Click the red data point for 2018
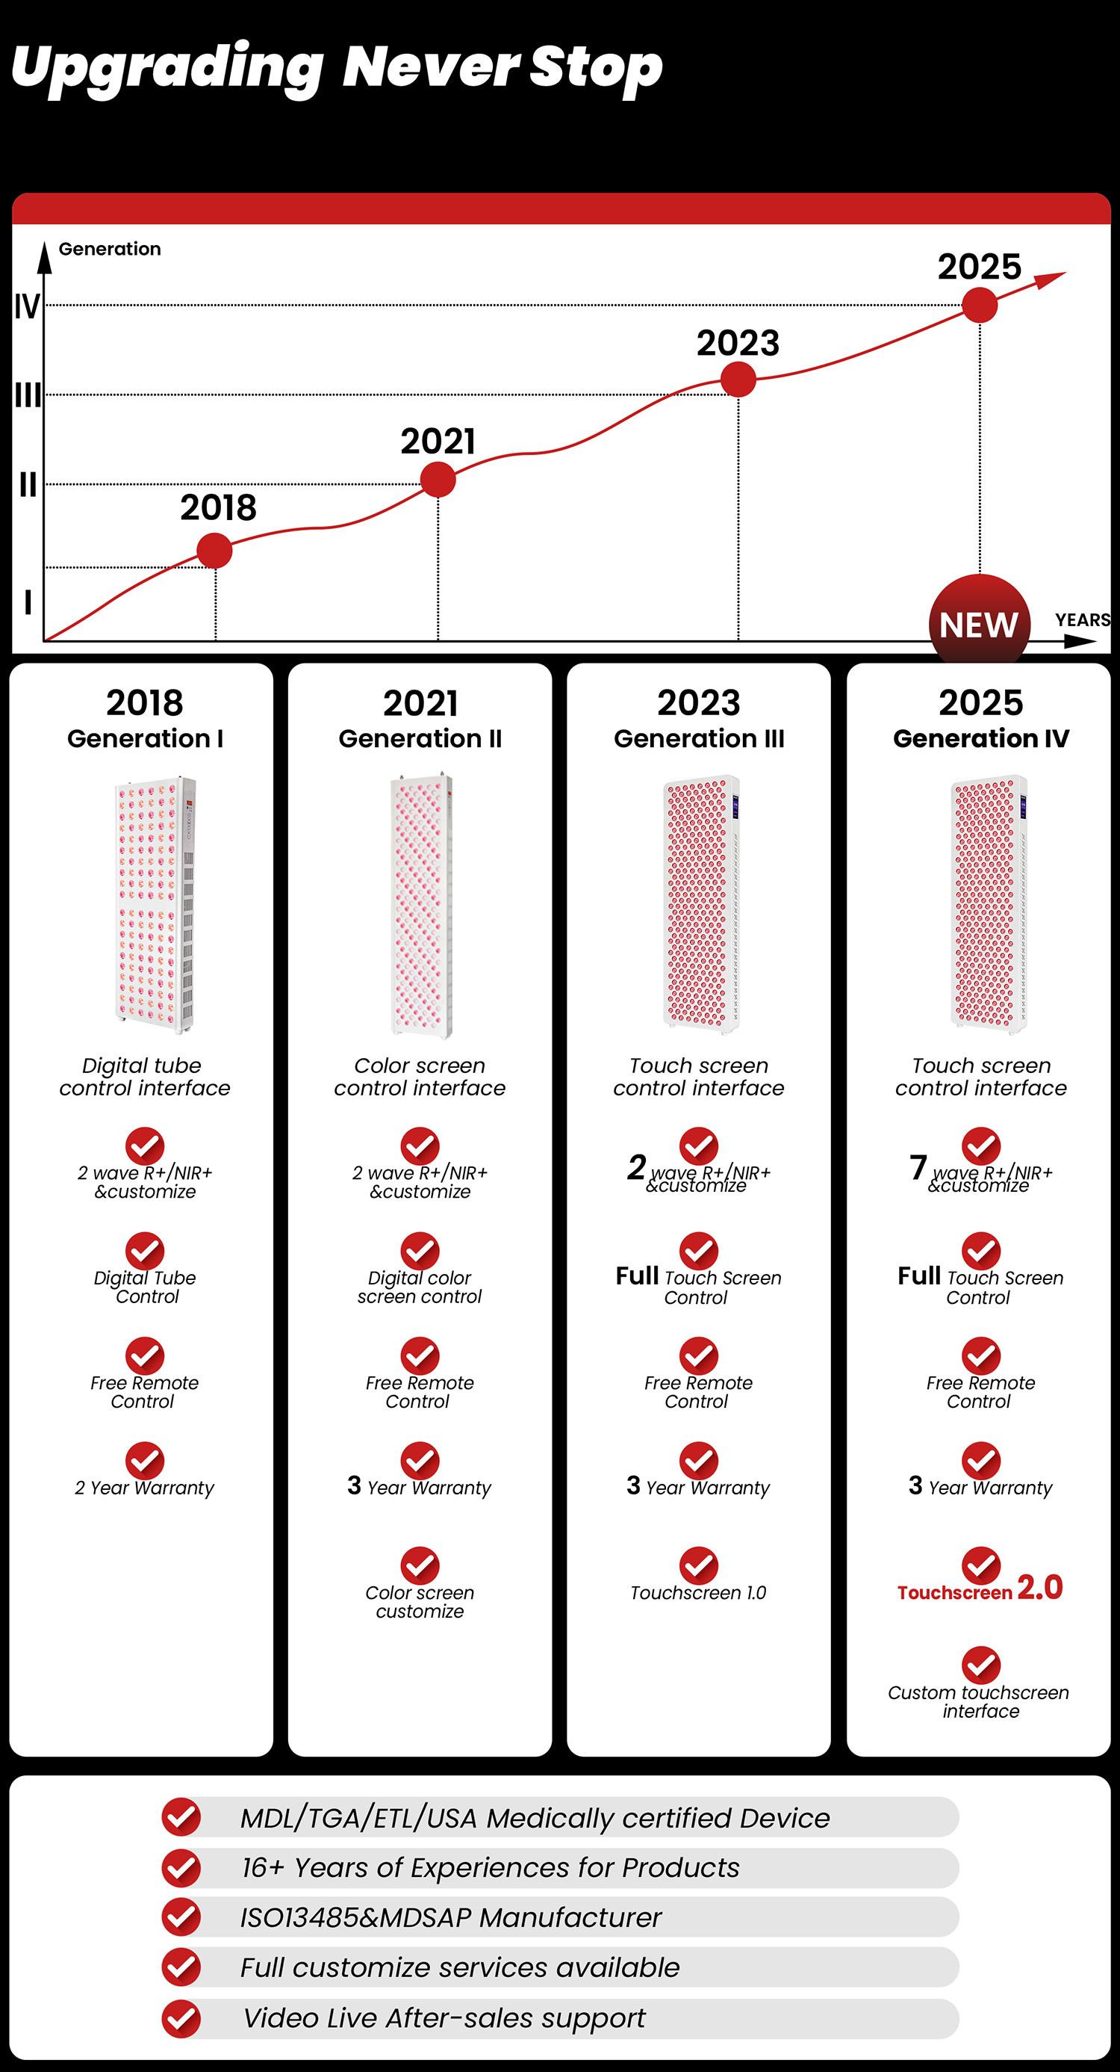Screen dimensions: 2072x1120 (x=215, y=551)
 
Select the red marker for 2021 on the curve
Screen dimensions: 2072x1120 (x=438, y=480)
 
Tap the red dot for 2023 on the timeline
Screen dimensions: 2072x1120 (x=738, y=380)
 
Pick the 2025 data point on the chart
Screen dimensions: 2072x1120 (x=980, y=306)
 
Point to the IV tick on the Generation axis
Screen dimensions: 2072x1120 (x=27, y=306)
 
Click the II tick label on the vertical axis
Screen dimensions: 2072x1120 (x=28, y=484)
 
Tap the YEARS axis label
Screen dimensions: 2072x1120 (x=1082, y=619)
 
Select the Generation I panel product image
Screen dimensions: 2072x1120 (x=156, y=904)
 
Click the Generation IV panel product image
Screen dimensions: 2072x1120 (x=989, y=904)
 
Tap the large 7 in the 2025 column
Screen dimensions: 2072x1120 (x=918, y=1167)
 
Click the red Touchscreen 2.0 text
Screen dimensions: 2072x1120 (x=980, y=1589)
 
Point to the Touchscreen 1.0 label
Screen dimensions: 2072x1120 (x=698, y=1592)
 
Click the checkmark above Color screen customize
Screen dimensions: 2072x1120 (x=420, y=1565)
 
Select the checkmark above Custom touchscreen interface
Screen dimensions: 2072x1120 (x=981, y=1665)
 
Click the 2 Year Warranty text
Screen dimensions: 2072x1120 (x=145, y=1488)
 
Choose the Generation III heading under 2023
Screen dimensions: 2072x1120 (x=699, y=738)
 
